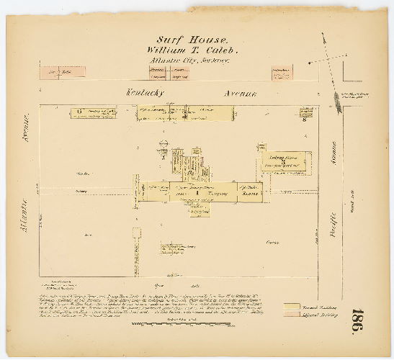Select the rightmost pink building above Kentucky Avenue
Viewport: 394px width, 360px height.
282,73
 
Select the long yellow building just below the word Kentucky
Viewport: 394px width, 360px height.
186,112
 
